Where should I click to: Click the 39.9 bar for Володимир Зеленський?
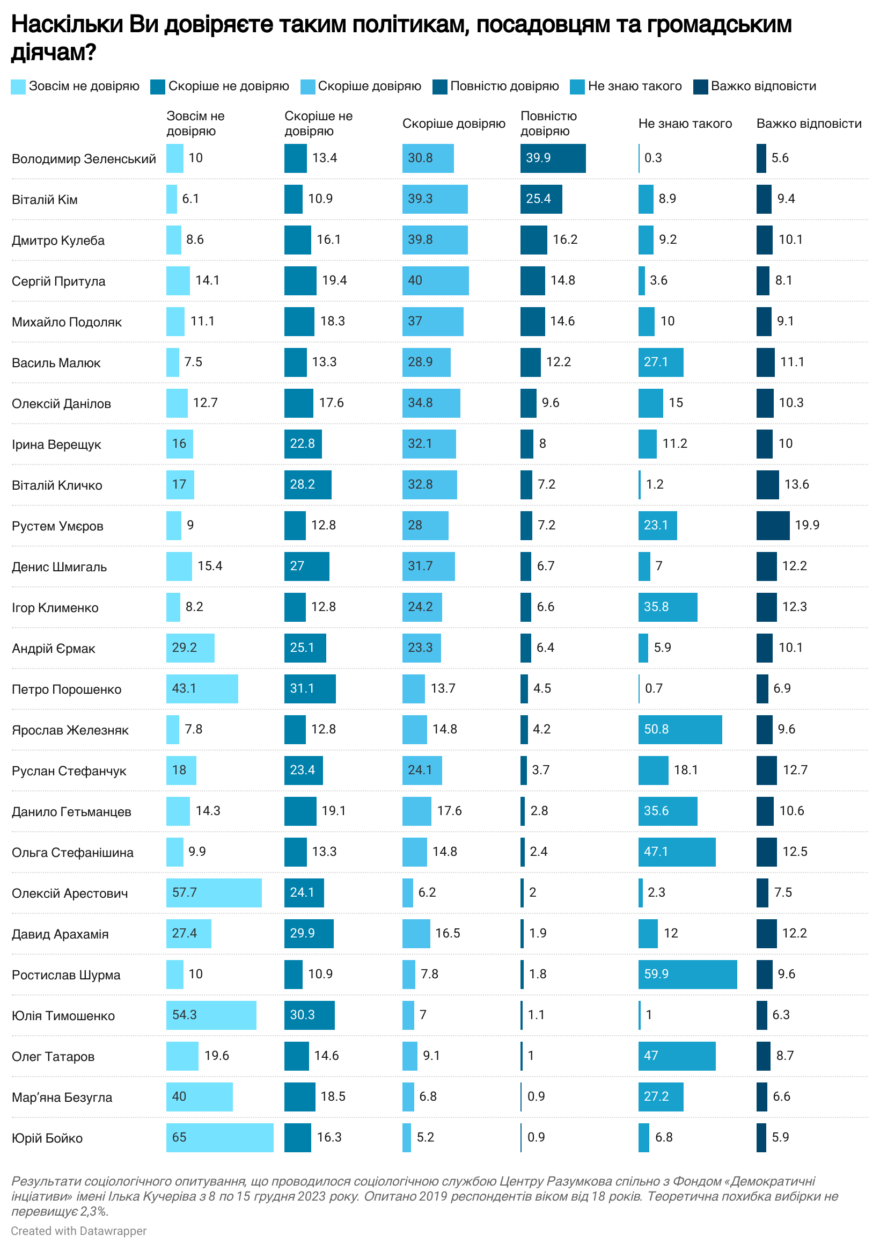tap(552, 158)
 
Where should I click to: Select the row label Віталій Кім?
tap(45, 200)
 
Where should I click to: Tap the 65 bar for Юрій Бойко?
tap(219, 1137)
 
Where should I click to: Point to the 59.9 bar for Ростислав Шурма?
tap(687, 974)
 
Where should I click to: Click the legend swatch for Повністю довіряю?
tap(439, 86)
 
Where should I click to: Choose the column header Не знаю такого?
tap(685, 123)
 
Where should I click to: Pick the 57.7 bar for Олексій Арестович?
tap(214, 892)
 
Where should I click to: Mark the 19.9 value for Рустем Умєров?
tap(806, 525)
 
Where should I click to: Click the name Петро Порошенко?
tap(67, 689)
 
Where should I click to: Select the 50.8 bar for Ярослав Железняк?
tap(680, 729)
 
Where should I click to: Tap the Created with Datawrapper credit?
tap(79, 1231)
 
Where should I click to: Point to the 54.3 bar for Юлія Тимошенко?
tap(211, 1015)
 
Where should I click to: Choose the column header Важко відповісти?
tap(809, 123)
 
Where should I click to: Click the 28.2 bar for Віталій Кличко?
tap(307, 484)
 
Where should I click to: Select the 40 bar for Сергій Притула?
tap(435, 280)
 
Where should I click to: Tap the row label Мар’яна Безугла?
tap(62, 1097)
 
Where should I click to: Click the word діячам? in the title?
tap(54, 52)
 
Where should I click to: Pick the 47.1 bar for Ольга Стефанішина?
tap(677, 852)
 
